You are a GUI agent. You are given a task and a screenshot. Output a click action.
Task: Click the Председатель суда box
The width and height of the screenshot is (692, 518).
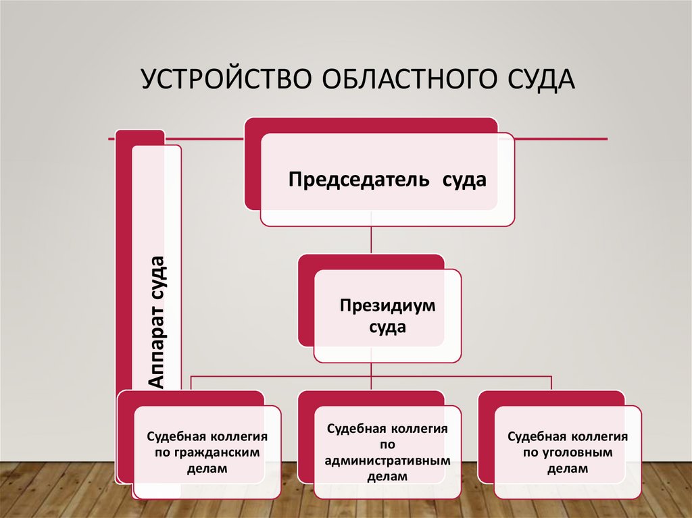point(387,179)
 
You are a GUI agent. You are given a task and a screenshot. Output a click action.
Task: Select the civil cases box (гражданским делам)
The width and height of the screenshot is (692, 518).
point(207,451)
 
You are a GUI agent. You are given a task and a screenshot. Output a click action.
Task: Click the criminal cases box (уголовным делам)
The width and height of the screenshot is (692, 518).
point(568,451)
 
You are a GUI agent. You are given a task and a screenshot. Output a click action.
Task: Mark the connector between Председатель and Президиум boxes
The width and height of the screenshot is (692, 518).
point(371,240)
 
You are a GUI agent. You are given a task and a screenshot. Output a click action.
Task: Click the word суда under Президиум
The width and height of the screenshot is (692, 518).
point(387,328)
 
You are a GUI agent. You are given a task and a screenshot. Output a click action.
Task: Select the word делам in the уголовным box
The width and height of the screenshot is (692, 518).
point(568,467)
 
